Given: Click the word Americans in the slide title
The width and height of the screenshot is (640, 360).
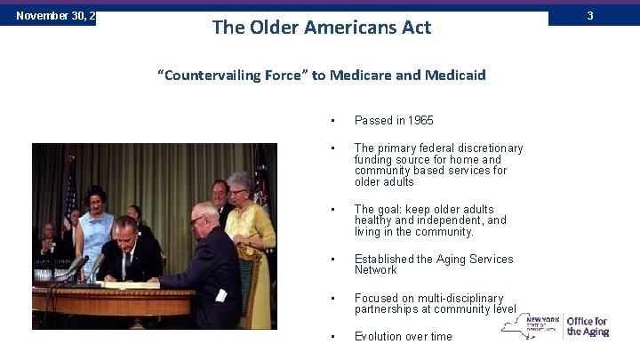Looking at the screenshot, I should [340, 28].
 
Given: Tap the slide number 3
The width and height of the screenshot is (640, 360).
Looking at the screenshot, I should [614, 15].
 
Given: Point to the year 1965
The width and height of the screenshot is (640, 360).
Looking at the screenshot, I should [419, 120].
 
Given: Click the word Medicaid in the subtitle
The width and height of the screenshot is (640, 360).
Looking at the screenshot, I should [454, 75].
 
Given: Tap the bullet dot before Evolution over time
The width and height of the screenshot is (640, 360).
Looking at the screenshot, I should [331, 337].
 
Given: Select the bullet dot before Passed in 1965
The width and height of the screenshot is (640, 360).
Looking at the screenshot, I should [331, 120].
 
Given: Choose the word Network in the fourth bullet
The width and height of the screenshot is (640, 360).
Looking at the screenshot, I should [377, 270].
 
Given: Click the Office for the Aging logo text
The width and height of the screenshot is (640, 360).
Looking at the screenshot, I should [587, 326].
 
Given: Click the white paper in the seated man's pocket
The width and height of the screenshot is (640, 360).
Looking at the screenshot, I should [220, 295].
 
